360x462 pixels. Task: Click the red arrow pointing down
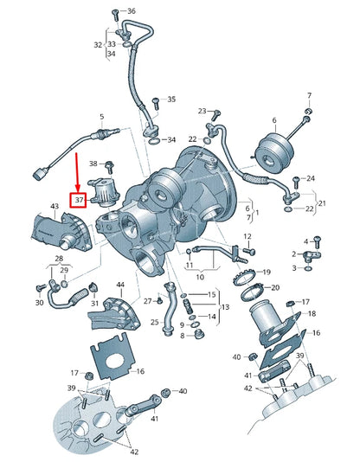[79, 172]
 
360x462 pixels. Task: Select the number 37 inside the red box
[79, 200]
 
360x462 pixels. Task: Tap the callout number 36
[131, 11]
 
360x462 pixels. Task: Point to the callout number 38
[93, 164]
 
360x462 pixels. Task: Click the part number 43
[55, 206]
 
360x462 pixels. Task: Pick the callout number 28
[61, 259]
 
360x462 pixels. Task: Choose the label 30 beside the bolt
[39, 303]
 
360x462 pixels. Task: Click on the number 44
[120, 285]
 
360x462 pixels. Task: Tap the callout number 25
[155, 321]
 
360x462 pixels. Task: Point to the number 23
[202, 112]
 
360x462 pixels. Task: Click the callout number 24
[311, 178]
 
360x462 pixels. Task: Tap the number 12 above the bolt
[247, 236]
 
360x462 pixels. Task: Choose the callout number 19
[267, 272]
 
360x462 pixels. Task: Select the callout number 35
[171, 99]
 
